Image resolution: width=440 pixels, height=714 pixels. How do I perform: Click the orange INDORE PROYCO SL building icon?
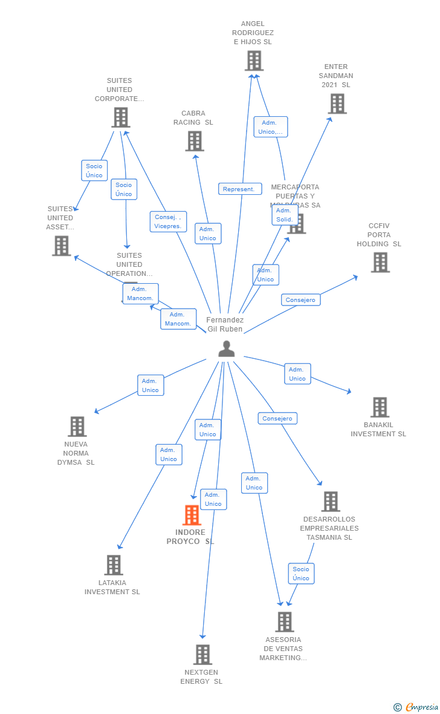[192, 516]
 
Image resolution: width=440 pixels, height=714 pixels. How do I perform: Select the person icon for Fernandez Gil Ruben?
[226, 349]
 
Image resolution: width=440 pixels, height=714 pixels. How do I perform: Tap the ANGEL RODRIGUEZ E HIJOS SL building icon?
[254, 61]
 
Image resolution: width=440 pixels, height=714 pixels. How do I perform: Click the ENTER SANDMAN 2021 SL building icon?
[337, 103]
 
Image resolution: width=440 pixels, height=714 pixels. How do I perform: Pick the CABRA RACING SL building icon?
[194, 141]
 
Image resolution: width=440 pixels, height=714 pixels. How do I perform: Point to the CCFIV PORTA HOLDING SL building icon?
[380, 262]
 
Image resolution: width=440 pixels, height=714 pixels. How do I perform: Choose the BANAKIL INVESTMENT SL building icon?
[380, 407]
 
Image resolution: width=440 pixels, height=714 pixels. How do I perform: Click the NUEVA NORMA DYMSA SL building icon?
[77, 427]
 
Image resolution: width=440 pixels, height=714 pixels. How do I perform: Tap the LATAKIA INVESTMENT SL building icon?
[113, 565]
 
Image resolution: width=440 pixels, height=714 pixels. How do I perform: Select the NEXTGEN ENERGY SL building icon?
[202, 655]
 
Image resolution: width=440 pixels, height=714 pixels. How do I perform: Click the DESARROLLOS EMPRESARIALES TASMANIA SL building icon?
[330, 502]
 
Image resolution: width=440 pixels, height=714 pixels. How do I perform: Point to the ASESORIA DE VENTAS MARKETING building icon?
[284, 621]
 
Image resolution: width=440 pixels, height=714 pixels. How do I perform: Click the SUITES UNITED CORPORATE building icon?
[120, 117]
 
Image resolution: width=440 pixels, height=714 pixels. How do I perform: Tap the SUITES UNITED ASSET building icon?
[61, 246]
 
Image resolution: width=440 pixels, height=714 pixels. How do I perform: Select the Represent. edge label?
[240, 189]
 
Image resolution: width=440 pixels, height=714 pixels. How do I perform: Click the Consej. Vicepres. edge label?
[168, 221]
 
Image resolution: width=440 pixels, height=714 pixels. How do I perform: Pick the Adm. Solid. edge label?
[284, 215]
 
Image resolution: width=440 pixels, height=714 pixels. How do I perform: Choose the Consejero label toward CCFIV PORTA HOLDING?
[300, 300]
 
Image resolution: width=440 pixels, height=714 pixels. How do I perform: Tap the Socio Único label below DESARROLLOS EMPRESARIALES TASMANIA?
[301, 574]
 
